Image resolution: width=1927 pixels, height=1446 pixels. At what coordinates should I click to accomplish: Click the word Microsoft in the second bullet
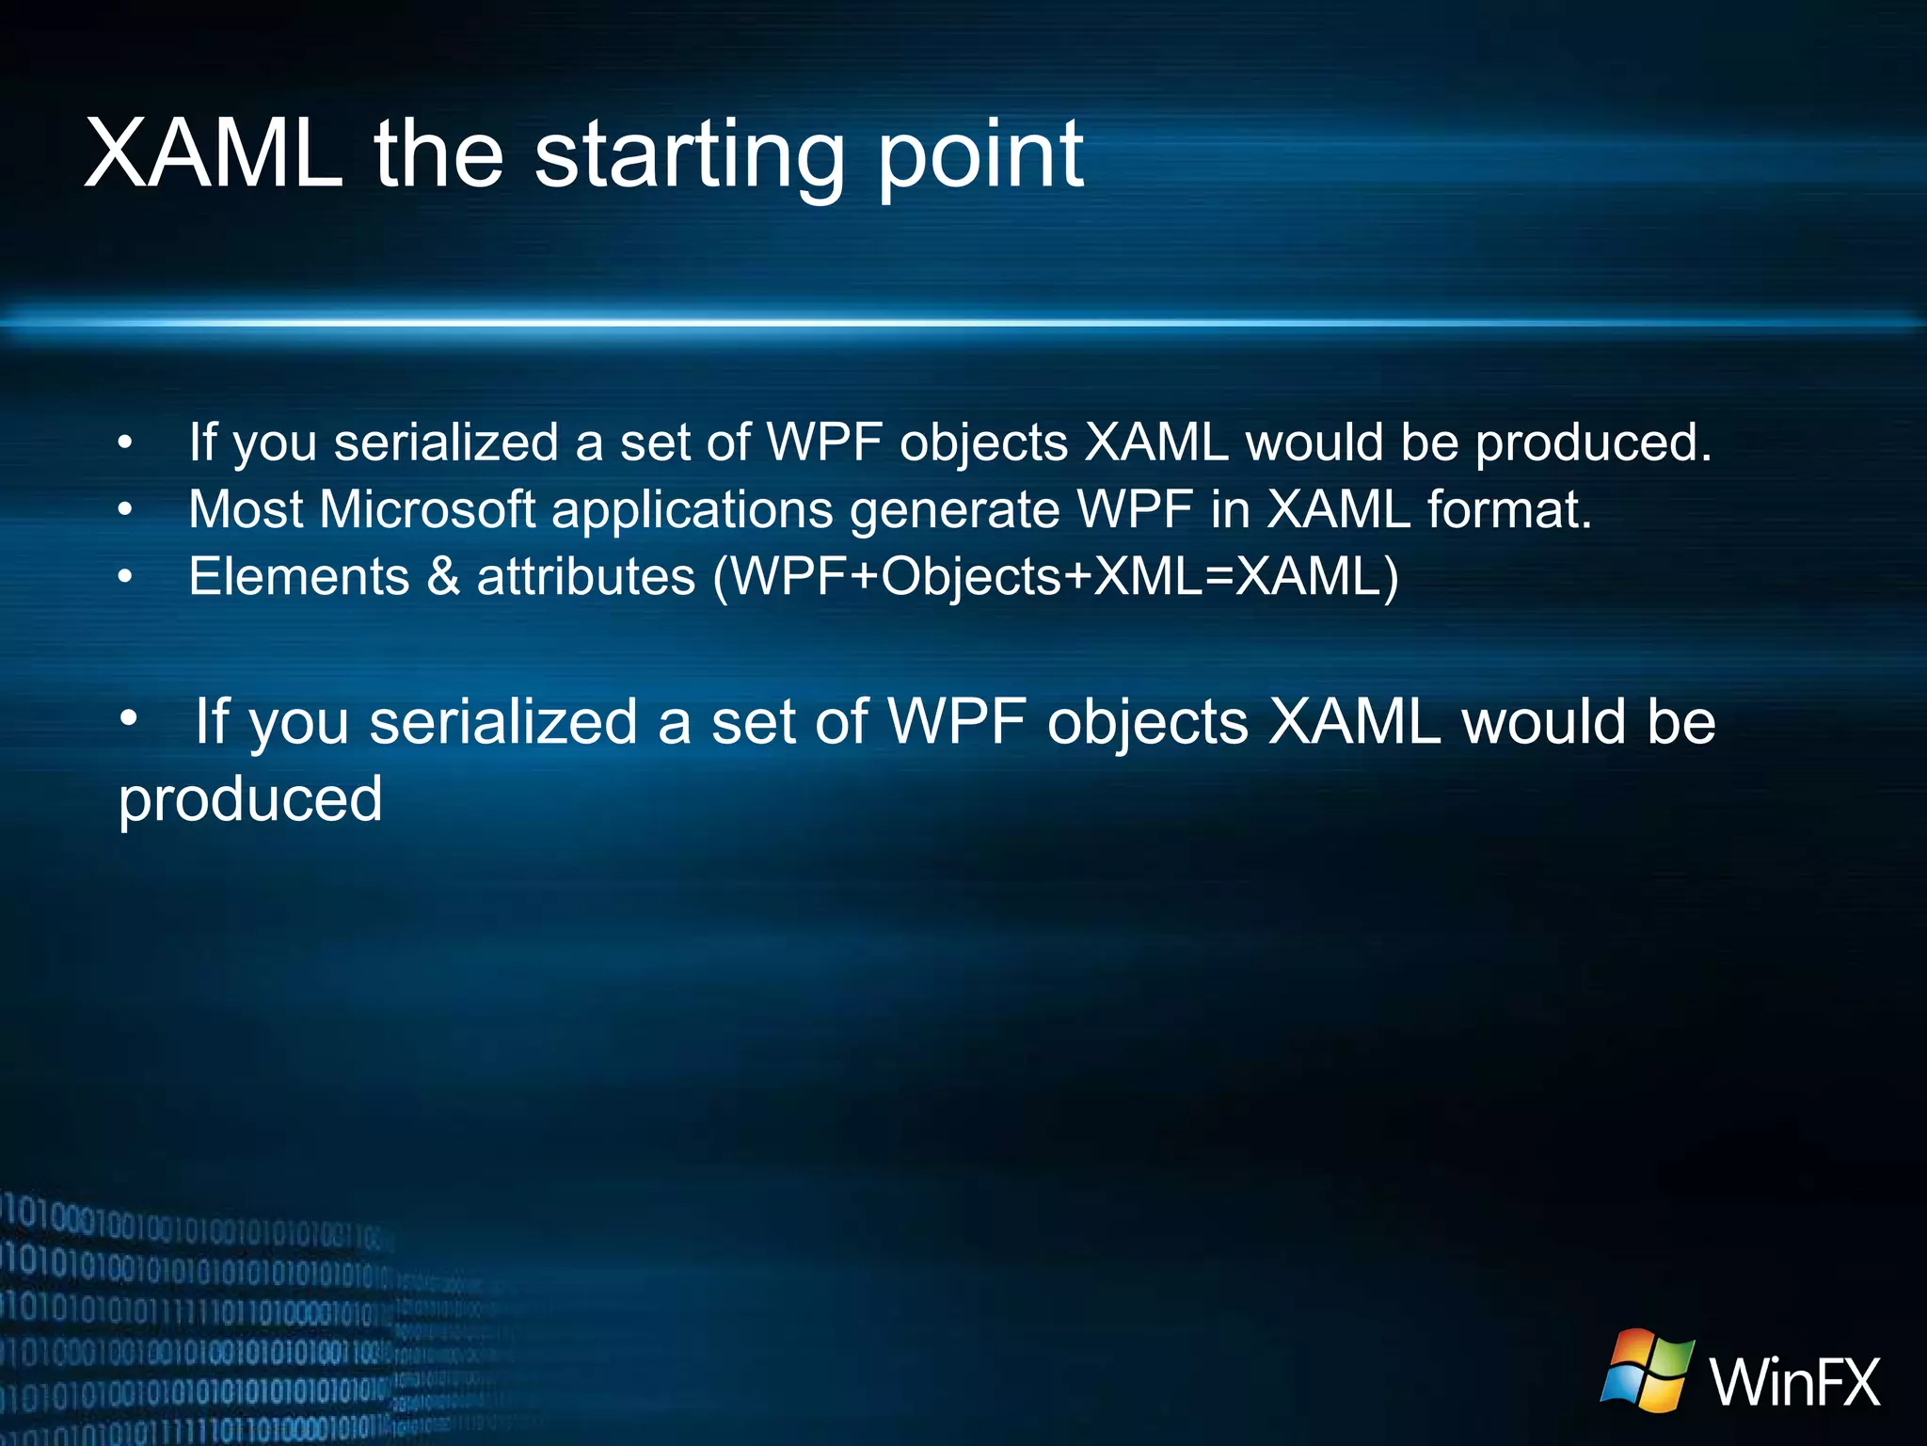[x=427, y=509]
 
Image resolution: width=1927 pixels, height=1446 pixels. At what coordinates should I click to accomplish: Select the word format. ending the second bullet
[x=1509, y=509]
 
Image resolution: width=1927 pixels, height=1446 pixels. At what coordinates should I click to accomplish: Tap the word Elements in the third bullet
[x=299, y=576]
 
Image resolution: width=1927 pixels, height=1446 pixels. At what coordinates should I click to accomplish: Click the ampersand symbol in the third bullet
[x=443, y=576]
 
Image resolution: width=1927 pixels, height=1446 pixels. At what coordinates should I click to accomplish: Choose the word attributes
[x=585, y=576]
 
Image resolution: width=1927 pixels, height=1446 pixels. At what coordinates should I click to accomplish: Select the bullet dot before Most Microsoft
[x=125, y=510]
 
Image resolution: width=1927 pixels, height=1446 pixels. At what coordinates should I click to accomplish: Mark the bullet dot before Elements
[x=125, y=577]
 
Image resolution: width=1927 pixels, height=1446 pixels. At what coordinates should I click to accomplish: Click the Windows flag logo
[x=1647, y=1371]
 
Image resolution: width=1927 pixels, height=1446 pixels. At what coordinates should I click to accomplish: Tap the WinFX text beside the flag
[x=1794, y=1381]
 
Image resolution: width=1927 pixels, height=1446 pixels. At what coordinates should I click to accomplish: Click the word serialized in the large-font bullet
[x=503, y=722]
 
